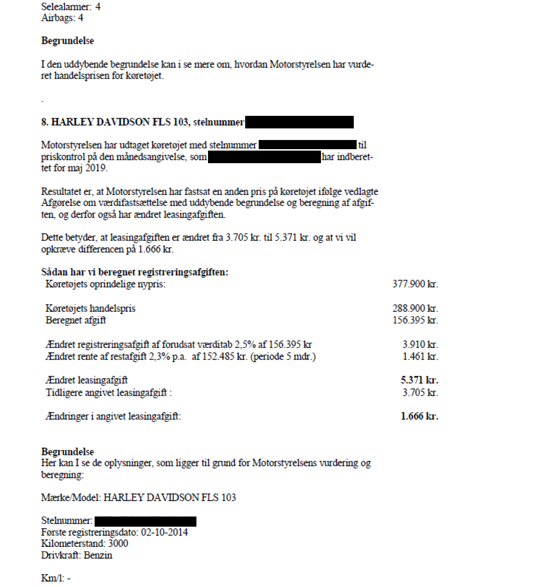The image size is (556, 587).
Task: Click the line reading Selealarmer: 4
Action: [70, 7]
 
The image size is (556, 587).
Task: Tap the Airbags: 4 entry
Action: [62, 18]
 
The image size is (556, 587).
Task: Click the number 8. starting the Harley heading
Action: [45, 122]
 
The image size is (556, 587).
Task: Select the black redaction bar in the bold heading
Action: [299, 122]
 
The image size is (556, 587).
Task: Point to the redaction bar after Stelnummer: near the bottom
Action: [145, 521]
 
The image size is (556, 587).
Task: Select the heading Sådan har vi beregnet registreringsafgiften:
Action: [135, 272]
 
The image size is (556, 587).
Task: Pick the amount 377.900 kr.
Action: [415, 284]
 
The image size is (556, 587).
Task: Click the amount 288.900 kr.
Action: [415, 308]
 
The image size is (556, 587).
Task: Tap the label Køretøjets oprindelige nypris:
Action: [105, 284]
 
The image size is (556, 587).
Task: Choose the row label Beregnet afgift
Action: [76, 320]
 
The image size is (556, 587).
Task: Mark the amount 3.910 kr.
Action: [420, 345]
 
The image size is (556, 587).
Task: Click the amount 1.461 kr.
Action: [420, 357]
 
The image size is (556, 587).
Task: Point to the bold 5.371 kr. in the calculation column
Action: [419, 380]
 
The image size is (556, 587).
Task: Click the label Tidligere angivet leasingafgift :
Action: [109, 392]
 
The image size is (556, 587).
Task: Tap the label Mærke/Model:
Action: [71, 498]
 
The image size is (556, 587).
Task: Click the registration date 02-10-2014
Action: [164, 532]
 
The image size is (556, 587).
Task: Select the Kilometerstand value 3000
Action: [118, 544]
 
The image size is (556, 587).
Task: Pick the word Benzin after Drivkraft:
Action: [98, 555]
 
